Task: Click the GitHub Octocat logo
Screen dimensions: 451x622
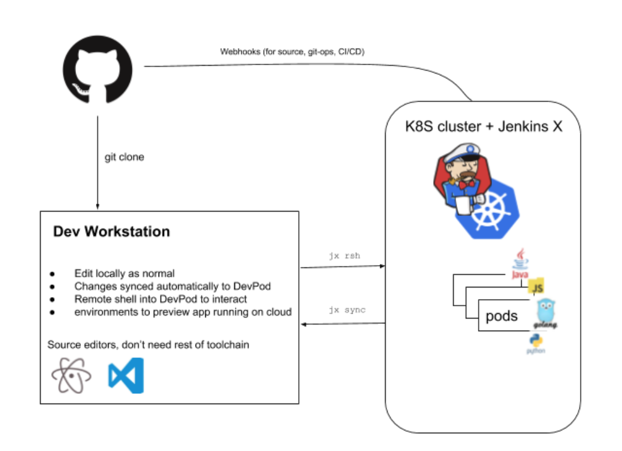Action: [x=98, y=70]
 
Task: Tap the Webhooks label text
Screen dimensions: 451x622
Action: [x=292, y=52]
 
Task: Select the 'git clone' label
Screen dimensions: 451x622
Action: [x=125, y=157]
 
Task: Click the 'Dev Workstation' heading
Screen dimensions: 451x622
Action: [x=112, y=232]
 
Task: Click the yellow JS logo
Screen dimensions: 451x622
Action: [x=536, y=286]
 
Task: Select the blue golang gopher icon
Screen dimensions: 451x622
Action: [x=545, y=314]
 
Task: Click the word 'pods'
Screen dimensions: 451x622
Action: [x=502, y=316]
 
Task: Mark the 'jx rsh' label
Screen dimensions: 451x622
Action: [x=344, y=256]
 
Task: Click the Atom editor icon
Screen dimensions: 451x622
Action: [x=71, y=376]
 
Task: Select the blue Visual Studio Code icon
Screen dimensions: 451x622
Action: [x=126, y=376]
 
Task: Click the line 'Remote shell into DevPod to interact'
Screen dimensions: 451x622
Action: [x=160, y=299]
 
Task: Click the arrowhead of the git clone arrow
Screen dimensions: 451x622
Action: [x=98, y=207]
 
